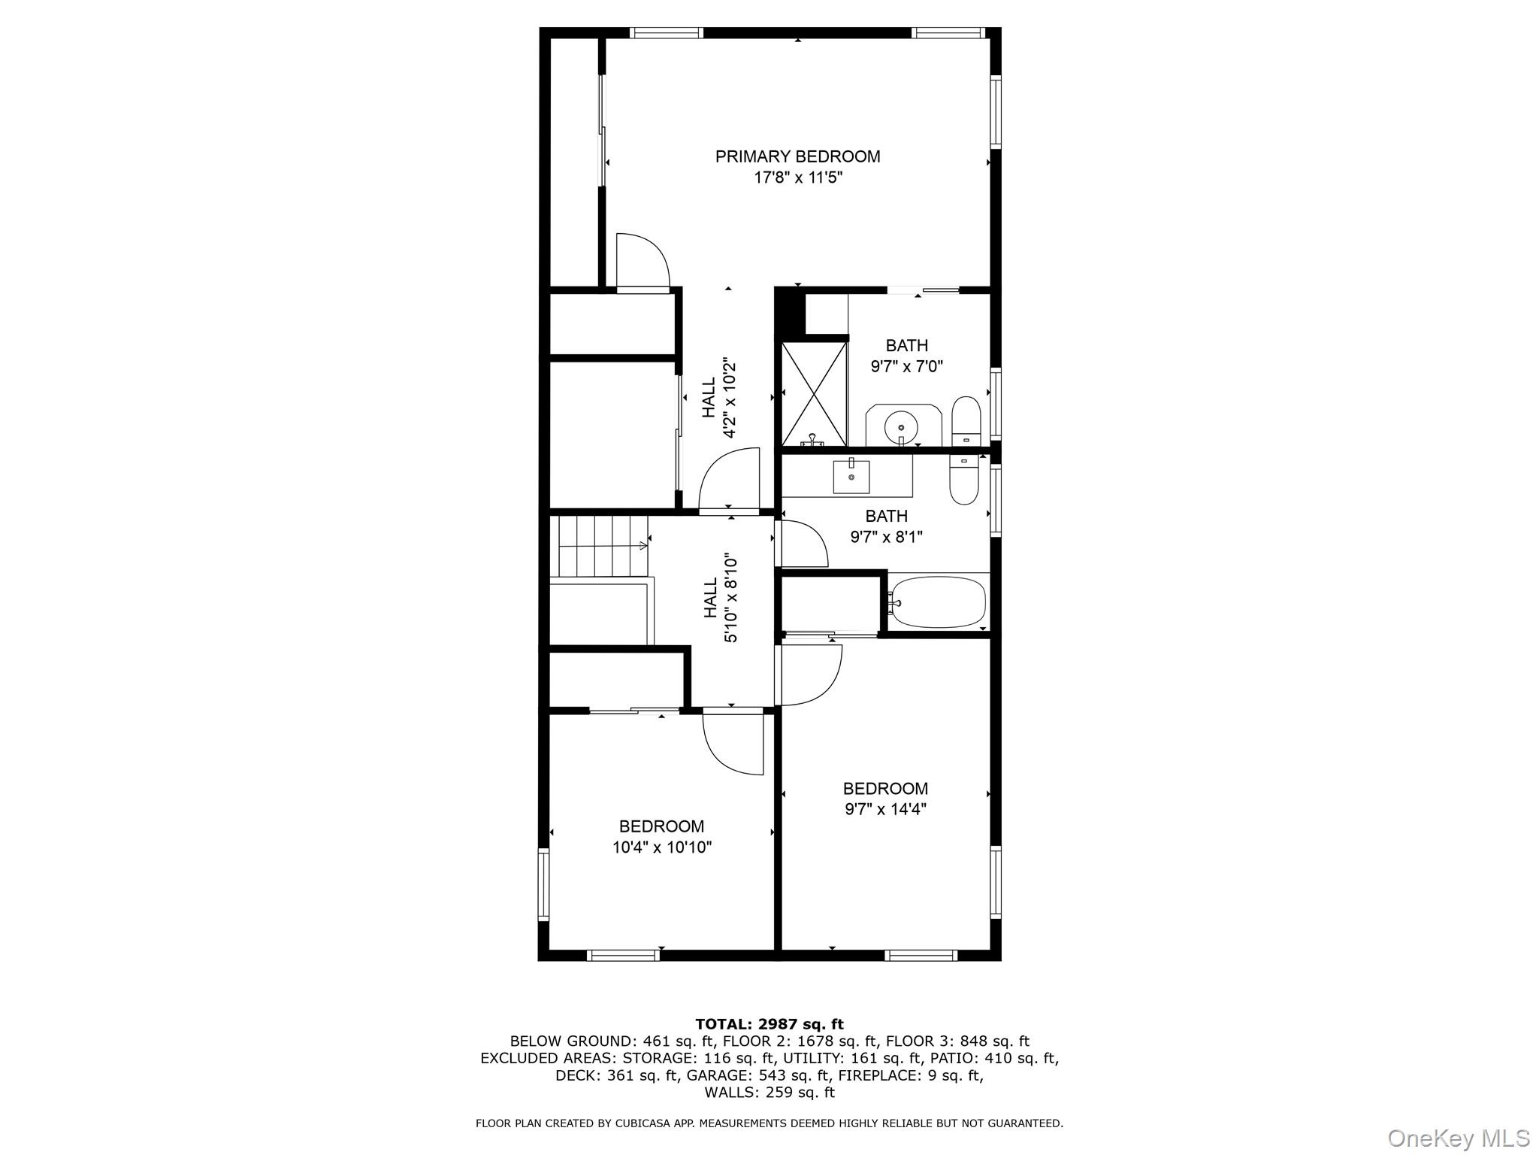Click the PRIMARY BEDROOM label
pos(797,156)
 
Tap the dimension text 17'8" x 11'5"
pos(798,178)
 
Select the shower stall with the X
pos(814,394)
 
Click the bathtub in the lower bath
pos(937,602)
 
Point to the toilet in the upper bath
pos(966,421)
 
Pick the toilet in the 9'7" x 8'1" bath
pos(963,481)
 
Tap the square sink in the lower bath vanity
pos(851,477)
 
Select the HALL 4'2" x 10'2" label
pos(718,399)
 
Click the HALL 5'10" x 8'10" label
pos(720,599)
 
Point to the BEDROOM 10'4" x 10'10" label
pos(661,837)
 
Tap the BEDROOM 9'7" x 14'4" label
pos(885,799)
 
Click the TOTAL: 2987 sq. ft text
pos(769,1024)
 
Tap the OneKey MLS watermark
pos(1458,1138)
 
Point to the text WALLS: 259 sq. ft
pos(769,1093)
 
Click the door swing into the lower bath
pos(803,544)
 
